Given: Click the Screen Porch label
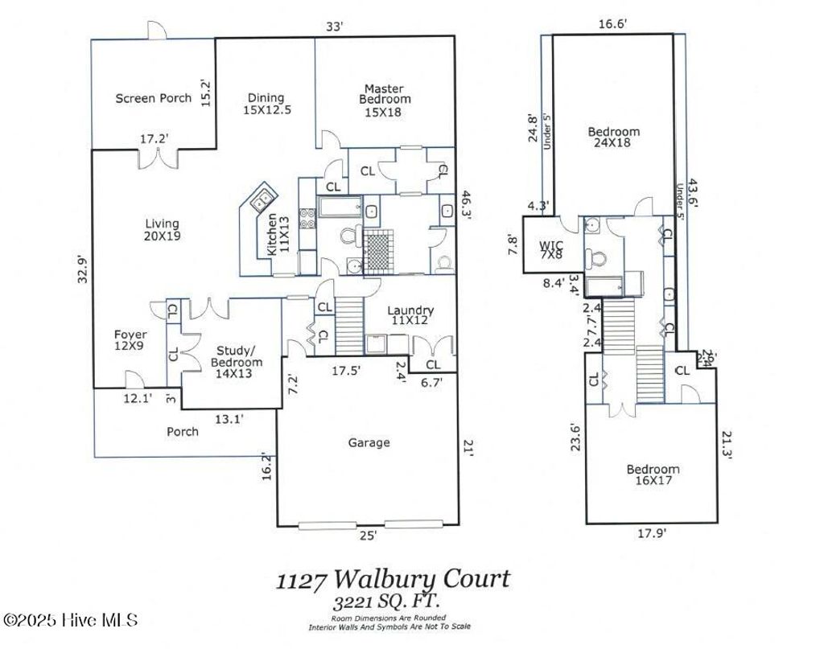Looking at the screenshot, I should click(153, 98).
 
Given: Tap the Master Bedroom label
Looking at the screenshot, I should click(384, 100).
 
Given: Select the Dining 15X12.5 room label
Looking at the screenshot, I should click(266, 104).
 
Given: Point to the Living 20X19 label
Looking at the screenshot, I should click(162, 230).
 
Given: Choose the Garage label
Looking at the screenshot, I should click(369, 442).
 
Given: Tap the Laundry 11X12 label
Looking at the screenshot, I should click(410, 315).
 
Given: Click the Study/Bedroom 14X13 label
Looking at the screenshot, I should click(236, 356).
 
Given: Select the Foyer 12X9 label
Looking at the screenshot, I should click(130, 339).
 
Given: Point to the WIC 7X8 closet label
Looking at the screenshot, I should click(550, 249).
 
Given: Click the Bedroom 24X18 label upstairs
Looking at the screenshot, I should click(613, 138).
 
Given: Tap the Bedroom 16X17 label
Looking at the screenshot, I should click(653, 474).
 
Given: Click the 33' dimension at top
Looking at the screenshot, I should click(334, 27).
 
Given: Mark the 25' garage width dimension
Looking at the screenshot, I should click(368, 535).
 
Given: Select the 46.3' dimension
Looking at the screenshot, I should click(466, 205).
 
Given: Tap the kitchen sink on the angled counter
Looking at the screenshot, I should click(262, 197).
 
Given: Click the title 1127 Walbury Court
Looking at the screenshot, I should click(393, 579).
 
